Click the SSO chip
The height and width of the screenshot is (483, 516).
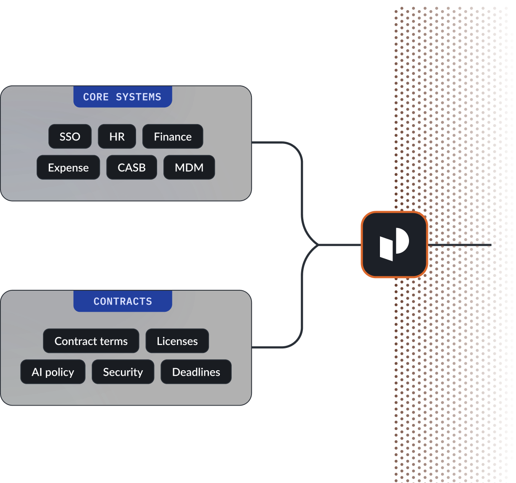coord(70,137)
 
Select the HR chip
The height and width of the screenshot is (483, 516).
coord(117,137)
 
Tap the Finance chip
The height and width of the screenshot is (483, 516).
coord(173,137)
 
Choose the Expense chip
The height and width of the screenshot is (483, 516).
coord(68,167)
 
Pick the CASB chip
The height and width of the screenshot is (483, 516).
coord(131,167)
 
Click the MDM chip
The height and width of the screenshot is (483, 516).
coord(189,167)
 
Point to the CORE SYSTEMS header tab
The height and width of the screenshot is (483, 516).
coord(122,97)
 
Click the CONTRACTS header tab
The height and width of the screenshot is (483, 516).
coord(123,301)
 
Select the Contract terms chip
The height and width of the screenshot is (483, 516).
coord(91,341)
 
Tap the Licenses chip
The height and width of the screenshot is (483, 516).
coord(177,341)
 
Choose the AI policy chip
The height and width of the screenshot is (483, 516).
coord(53,372)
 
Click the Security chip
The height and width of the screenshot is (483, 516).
coord(123,372)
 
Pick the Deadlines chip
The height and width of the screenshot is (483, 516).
coord(196,372)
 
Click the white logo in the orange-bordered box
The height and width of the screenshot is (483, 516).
coord(394,244)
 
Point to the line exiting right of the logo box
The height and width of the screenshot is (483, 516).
coord(459,244)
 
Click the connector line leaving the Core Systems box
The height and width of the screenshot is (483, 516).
coord(274,143)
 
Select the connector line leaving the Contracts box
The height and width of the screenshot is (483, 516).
coord(274,348)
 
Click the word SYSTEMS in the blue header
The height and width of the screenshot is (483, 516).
coord(139,97)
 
